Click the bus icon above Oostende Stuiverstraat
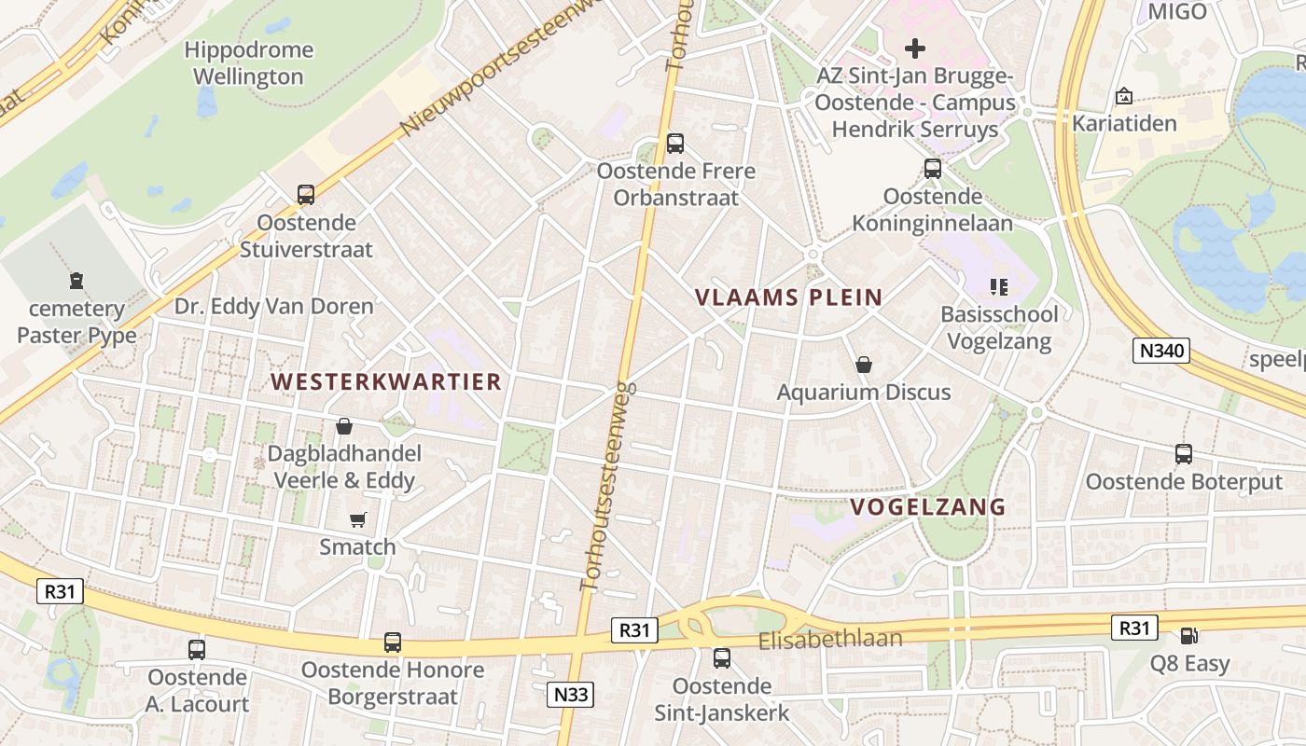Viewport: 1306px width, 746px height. coord(306,195)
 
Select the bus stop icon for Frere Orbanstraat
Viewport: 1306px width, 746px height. coord(675,144)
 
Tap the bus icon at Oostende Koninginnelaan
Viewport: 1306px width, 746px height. coord(932,169)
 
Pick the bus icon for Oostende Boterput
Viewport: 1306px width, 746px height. coord(1183,454)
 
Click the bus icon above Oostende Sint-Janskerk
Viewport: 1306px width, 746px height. coord(721,658)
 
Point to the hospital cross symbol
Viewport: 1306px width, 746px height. coord(915,48)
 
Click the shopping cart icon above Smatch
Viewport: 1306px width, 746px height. coord(357,519)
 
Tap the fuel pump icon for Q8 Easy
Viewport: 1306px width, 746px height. coord(1188,636)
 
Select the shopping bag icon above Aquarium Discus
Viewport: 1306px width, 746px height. coord(864,365)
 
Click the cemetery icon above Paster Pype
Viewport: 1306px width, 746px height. coord(76,280)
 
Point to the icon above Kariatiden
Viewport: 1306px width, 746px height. coord(1123,96)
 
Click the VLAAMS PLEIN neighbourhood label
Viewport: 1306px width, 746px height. coord(788,298)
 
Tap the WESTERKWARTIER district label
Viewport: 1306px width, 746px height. coord(386,381)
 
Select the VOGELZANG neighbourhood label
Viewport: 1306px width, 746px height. coord(928,507)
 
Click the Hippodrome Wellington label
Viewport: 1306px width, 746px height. coord(248,63)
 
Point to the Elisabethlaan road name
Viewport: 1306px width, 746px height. coord(830,640)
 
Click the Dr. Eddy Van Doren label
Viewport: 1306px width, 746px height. coord(274,306)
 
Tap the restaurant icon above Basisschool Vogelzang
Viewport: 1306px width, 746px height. coord(999,287)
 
